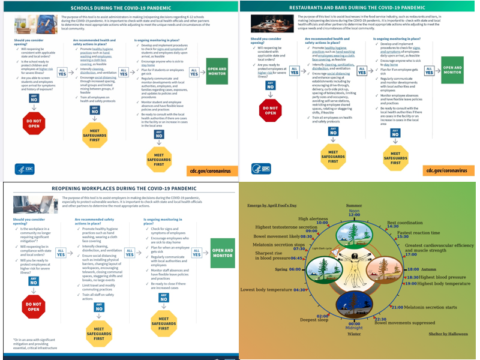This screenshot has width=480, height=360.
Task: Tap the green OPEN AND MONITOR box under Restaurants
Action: [x=456, y=71]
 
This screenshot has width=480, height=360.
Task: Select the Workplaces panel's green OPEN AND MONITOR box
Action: [x=223, y=253]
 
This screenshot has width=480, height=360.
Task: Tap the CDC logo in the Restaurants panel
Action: [x=262, y=169]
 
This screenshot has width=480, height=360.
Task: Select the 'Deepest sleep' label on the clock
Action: [x=314, y=320]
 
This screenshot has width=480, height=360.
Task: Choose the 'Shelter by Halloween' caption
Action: [x=449, y=334]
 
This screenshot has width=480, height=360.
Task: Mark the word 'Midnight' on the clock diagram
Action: [x=354, y=328]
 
